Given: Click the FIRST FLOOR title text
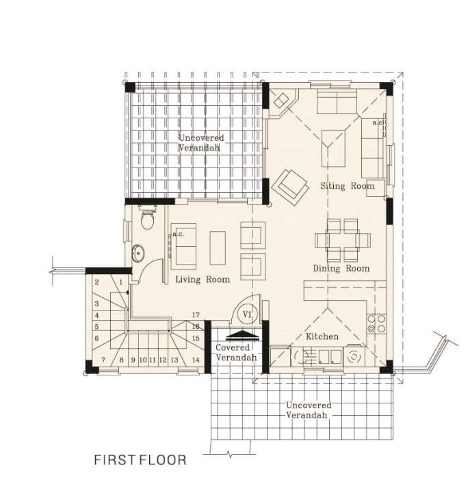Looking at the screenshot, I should (140, 459).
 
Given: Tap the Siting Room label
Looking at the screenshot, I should (348, 186).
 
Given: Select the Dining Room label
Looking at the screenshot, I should (341, 269).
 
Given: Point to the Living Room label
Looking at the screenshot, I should (203, 280).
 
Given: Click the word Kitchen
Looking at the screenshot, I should (322, 337).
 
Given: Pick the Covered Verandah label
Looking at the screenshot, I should (236, 353).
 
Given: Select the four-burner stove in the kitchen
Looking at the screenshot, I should (376, 324).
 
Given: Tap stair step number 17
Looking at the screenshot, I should (196, 315).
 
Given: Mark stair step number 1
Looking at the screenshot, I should (120, 282).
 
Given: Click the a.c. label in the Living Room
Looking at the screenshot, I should (179, 234).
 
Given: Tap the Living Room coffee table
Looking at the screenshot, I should (218, 248).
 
